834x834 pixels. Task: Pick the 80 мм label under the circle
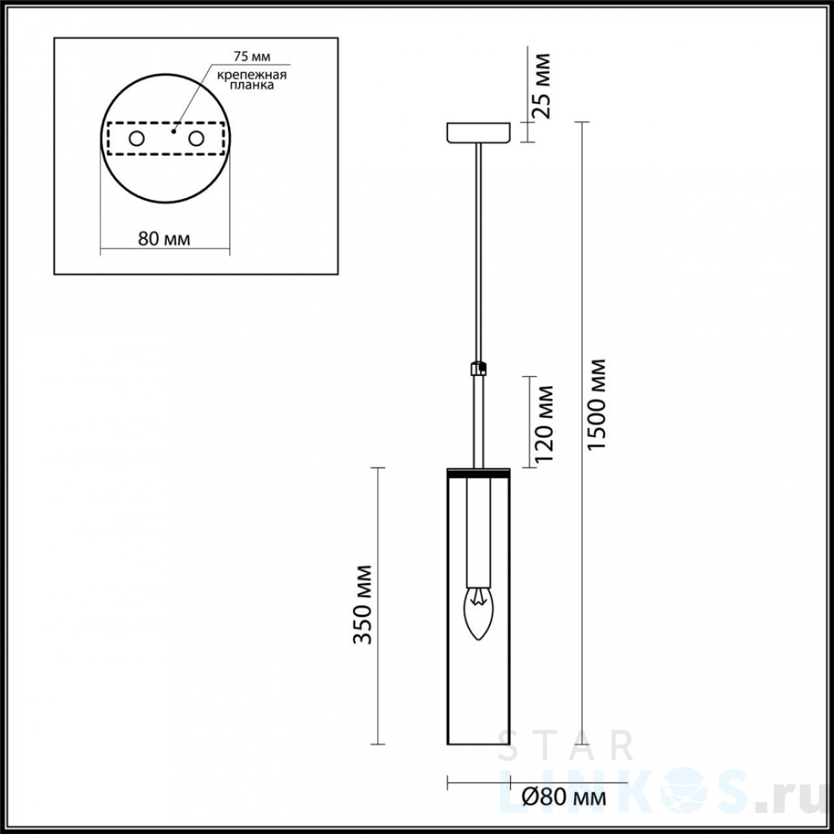(x=164, y=238)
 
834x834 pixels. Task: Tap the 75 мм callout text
(x=252, y=56)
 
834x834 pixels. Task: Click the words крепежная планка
(x=252, y=80)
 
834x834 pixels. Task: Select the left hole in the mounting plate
(x=136, y=139)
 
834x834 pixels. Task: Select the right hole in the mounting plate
(x=195, y=139)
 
